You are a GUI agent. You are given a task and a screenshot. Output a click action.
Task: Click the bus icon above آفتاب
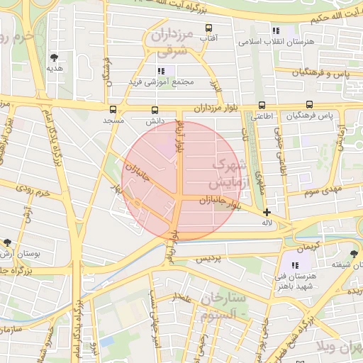[x=208, y=28]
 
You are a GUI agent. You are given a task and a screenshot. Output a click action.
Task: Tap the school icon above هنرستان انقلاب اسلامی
[x=276, y=31]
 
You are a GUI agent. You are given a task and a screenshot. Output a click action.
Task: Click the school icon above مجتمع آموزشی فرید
[x=161, y=72]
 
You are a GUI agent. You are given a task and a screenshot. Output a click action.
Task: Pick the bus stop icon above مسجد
[x=113, y=110]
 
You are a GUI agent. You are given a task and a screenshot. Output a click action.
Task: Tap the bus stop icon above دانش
[x=155, y=110]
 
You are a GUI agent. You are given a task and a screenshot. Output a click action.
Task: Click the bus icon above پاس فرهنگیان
[x=310, y=104]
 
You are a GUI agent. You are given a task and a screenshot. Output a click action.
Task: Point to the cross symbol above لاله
[x=267, y=212]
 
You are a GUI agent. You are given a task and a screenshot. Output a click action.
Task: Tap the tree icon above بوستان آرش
[x=7, y=242]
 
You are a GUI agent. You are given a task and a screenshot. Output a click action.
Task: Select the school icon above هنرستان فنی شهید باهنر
[x=295, y=265]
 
